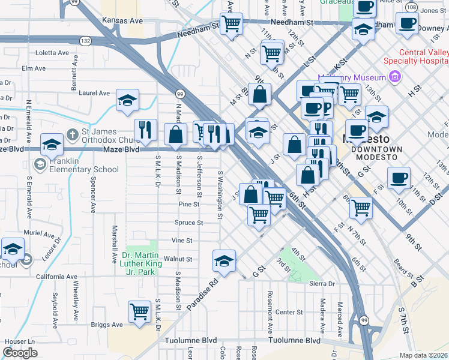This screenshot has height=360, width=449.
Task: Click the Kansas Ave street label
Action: [122, 20]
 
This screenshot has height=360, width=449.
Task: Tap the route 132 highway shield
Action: [86, 40]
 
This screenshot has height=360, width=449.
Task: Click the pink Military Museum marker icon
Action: [394, 76]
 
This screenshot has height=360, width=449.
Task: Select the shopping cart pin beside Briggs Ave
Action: [139, 311]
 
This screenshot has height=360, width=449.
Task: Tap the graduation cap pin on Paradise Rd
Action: [224, 260]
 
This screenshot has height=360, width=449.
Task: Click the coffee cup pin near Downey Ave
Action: [408, 23]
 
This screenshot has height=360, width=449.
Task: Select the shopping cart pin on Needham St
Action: [231, 24]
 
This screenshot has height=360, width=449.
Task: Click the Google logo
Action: [20, 353]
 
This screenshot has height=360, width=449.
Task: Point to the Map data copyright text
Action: [423, 355]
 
